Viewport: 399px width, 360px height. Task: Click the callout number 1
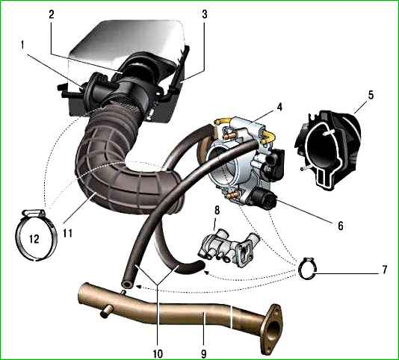point(22,46)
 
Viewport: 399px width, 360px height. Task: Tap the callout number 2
point(52,14)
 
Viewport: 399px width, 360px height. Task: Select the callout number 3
point(205,14)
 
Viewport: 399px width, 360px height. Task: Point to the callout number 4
point(279,107)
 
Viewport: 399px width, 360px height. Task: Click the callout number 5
point(371,95)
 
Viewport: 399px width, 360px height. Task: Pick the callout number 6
point(341,226)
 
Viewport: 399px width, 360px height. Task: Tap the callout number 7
point(384,270)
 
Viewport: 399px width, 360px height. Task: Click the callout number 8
point(217,211)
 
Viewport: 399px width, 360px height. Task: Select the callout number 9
point(203,353)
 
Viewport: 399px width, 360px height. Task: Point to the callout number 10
point(158,353)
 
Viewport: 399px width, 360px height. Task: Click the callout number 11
point(68,233)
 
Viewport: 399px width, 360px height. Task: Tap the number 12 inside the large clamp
point(34,239)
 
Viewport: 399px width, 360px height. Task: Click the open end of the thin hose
point(127,284)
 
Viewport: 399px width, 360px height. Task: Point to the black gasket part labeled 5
point(328,149)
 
